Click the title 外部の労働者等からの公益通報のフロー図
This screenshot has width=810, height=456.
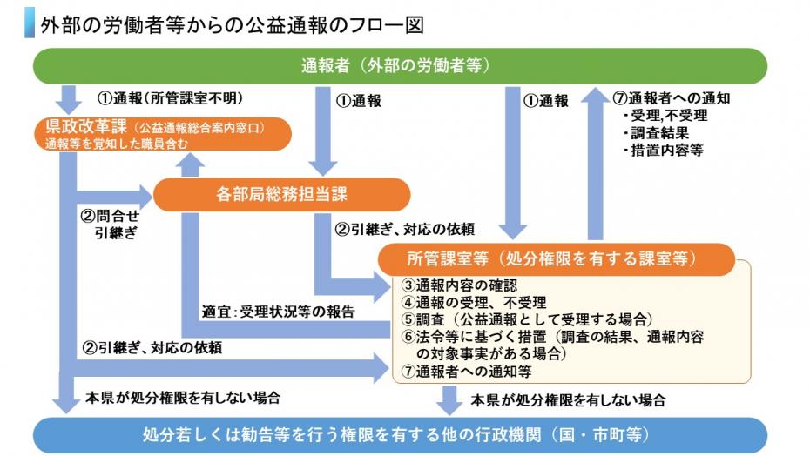tap(232, 25)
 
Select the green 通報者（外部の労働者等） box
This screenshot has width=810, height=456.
tap(400, 65)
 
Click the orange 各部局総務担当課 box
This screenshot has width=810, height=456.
tap(281, 195)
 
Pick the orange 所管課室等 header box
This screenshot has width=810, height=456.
tap(557, 258)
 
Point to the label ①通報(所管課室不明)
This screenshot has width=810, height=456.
tap(169, 97)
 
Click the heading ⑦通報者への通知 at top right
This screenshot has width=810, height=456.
tap(671, 98)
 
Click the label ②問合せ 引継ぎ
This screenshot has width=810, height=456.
tap(109, 224)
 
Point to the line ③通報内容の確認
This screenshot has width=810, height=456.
tap(459, 285)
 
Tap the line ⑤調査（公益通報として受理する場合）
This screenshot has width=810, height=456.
tap(527, 319)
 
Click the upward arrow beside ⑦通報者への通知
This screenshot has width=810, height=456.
tap(595, 157)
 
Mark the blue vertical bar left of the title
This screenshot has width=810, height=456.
tap(30, 25)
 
